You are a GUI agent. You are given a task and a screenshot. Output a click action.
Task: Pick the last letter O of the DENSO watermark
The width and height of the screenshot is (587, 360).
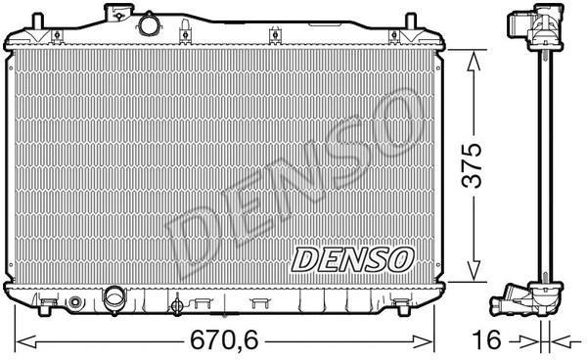pyautogui.click(x=384, y=121)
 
